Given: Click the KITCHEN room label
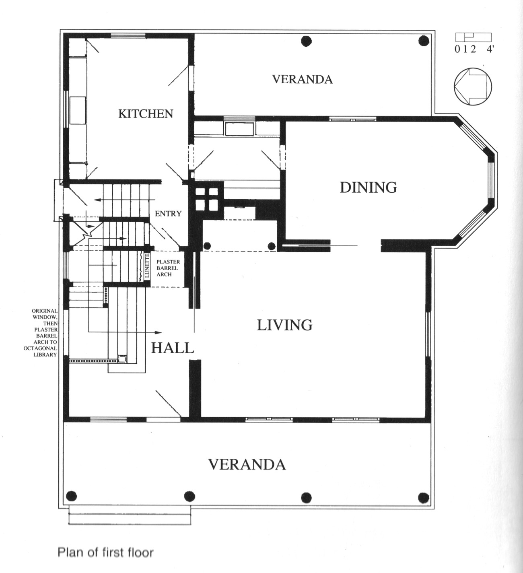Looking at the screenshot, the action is point(146,114).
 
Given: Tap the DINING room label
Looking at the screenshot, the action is point(368,188).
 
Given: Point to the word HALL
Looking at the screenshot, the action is point(173,348).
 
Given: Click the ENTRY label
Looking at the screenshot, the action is point(168,214).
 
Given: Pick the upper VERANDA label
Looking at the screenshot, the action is point(303,79).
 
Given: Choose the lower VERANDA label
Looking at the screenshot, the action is point(247,464).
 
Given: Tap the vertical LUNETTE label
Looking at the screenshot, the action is point(147,266).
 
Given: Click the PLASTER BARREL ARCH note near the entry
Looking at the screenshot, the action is point(168,268).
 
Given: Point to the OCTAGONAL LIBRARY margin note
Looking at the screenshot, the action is point(44,332).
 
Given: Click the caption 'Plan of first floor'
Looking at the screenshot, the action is point(105,553).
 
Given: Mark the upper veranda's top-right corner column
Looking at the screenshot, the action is point(424,41).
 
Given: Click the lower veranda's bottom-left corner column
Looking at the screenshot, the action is point(71,496).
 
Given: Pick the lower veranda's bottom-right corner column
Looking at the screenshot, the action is point(424,498).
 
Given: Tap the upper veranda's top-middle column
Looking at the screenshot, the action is point(306,41).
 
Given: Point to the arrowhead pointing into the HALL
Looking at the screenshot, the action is point(158,332).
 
